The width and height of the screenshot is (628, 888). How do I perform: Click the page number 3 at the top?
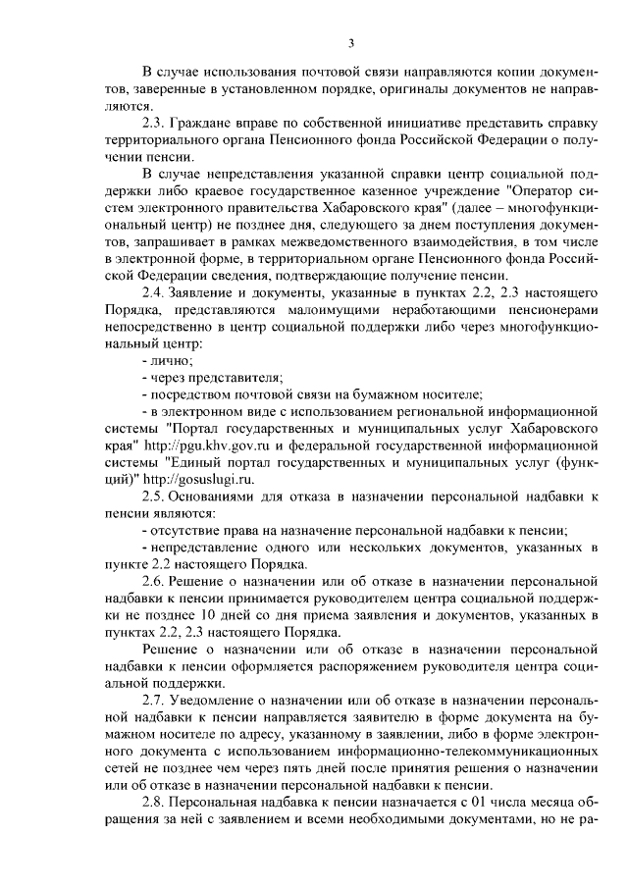coord(350,41)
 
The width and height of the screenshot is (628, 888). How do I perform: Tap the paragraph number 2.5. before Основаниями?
coord(155,496)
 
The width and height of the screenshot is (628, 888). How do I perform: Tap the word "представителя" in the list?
coord(237,377)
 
